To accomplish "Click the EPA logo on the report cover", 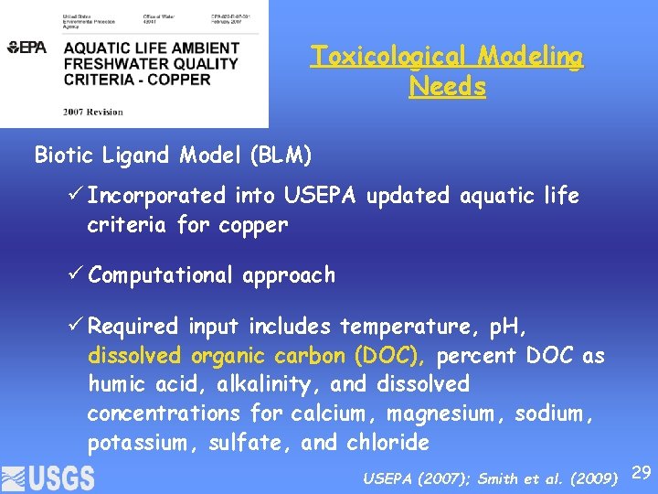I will click(27, 48).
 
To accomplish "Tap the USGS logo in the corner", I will click(48, 478).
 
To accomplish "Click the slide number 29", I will click(642, 472).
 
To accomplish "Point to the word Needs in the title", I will click(448, 87).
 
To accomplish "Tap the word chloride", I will click(387, 444).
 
